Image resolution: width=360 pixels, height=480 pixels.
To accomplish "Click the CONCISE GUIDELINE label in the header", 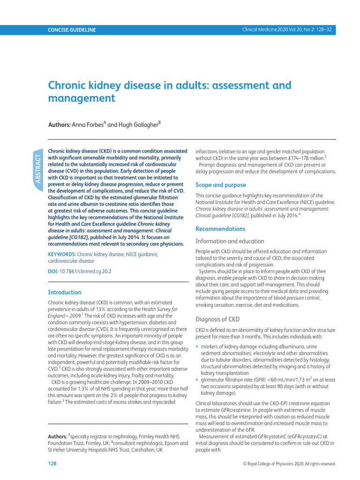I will point(72,30).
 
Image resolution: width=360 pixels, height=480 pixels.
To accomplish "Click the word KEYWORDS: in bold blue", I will point(65,254).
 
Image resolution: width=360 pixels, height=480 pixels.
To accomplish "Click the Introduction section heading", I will point(65,292).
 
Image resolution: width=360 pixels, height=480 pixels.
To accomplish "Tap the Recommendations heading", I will point(220,229).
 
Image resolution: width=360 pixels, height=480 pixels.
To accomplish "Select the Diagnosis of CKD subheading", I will point(217,319).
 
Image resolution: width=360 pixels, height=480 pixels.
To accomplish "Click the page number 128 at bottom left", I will point(52,464).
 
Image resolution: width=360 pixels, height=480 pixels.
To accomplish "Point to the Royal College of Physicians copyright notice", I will point(289,464).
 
